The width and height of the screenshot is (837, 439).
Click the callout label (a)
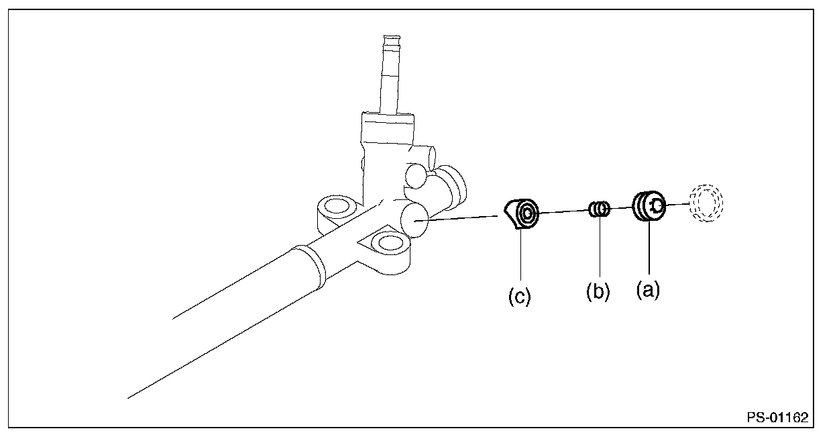point(648,291)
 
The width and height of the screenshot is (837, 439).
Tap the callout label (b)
point(597,293)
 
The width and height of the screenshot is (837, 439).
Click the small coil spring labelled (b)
point(600,210)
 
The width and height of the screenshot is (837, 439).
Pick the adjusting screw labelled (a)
point(648,206)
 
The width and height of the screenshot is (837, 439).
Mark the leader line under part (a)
point(649,252)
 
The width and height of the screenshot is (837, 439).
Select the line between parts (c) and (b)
point(563,212)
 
